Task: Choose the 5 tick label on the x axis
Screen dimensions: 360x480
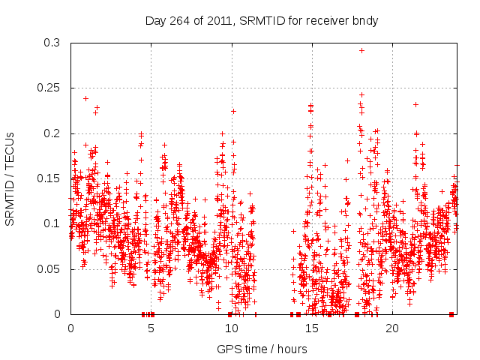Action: tap(151, 329)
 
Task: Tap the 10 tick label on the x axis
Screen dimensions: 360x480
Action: tap(232, 329)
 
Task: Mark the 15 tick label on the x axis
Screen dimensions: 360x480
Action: tap(312, 329)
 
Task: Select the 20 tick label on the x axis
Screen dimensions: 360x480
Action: tap(392, 329)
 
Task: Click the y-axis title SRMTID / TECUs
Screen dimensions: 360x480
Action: tap(10, 178)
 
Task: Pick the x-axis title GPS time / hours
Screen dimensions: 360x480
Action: tap(262, 349)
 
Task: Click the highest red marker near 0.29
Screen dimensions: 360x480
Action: tap(361, 51)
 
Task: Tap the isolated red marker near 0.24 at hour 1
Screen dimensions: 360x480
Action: tap(85, 98)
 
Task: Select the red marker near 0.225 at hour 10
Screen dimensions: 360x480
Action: tap(233, 111)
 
